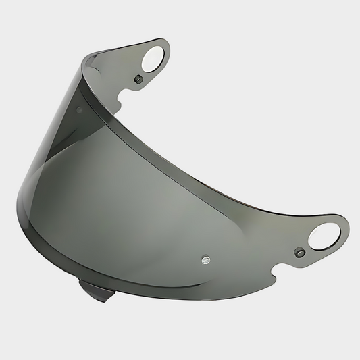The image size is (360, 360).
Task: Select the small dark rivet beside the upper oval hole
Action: click(x=138, y=79)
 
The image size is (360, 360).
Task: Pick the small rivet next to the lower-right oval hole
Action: click(x=298, y=253)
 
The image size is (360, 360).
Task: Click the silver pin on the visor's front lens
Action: click(x=205, y=258)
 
